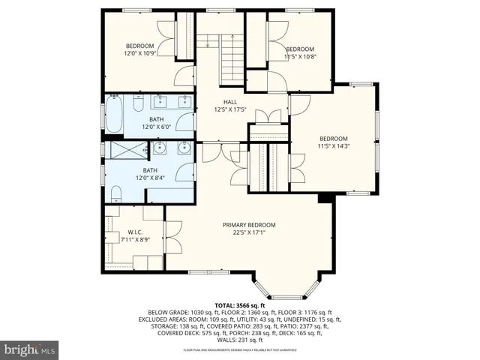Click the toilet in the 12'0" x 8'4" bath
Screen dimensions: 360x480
pyautogui.click(x=115, y=195)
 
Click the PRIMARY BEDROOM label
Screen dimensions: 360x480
pyautogui.click(x=249, y=225)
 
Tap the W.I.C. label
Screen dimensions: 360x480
pyautogui.click(x=135, y=232)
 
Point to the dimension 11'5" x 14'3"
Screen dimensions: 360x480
pyautogui.click(x=334, y=147)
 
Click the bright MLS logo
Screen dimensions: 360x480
pyautogui.click(x=30, y=349)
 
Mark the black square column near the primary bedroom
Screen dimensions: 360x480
pyautogui.click(x=324, y=199)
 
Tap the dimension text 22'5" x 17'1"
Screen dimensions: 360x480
pyautogui.click(x=249, y=232)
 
